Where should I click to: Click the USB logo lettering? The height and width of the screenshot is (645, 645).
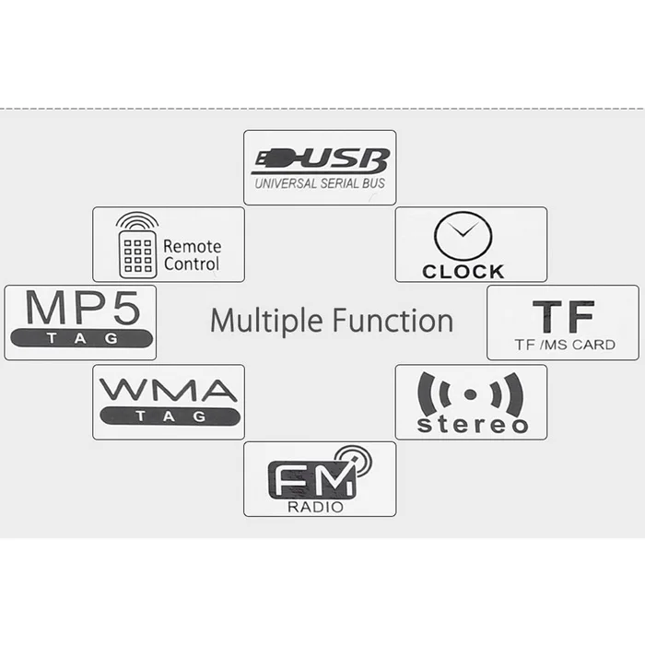coord(321,161)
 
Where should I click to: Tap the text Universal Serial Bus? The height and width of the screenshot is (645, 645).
coord(320,183)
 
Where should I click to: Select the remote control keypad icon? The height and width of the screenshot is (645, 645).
coord(138,254)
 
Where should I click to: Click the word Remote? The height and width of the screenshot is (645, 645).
coord(192,246)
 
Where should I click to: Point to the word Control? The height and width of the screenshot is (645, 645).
coord(192,264)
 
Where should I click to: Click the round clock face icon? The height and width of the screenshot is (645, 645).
coord(463,236)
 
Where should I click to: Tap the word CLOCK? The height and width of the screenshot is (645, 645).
coord(463,272)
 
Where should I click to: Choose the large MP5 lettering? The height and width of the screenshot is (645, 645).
coord(82,308)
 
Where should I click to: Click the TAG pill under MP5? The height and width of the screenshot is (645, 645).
coord(81,338)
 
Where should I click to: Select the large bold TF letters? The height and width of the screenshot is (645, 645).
coord(564,316)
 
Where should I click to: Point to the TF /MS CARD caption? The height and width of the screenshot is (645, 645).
coord(565,345)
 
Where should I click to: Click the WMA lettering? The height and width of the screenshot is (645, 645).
coord(169,391)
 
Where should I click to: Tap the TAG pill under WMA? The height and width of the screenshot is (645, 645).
coord(170,416)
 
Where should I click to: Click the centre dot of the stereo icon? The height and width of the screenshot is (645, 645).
coord(470,394)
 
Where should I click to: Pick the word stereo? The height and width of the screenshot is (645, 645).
coord(472,425)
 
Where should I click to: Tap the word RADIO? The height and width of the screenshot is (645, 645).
coord(315,507)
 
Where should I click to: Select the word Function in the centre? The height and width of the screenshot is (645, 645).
coord(393,320)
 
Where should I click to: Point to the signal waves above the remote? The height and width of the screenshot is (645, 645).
coord(137,220)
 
